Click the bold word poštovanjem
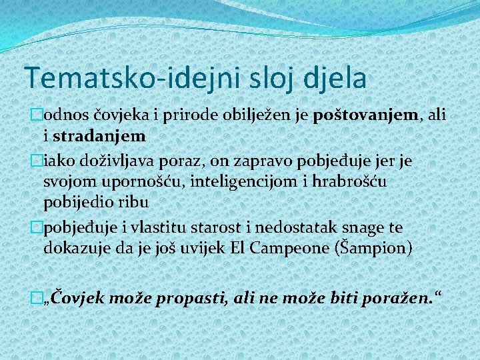pyautogui.click(x=375, y=115)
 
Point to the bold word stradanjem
pyautogui.click(x=99, y=136)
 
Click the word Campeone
pyautogui.click(x=293, y=248)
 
